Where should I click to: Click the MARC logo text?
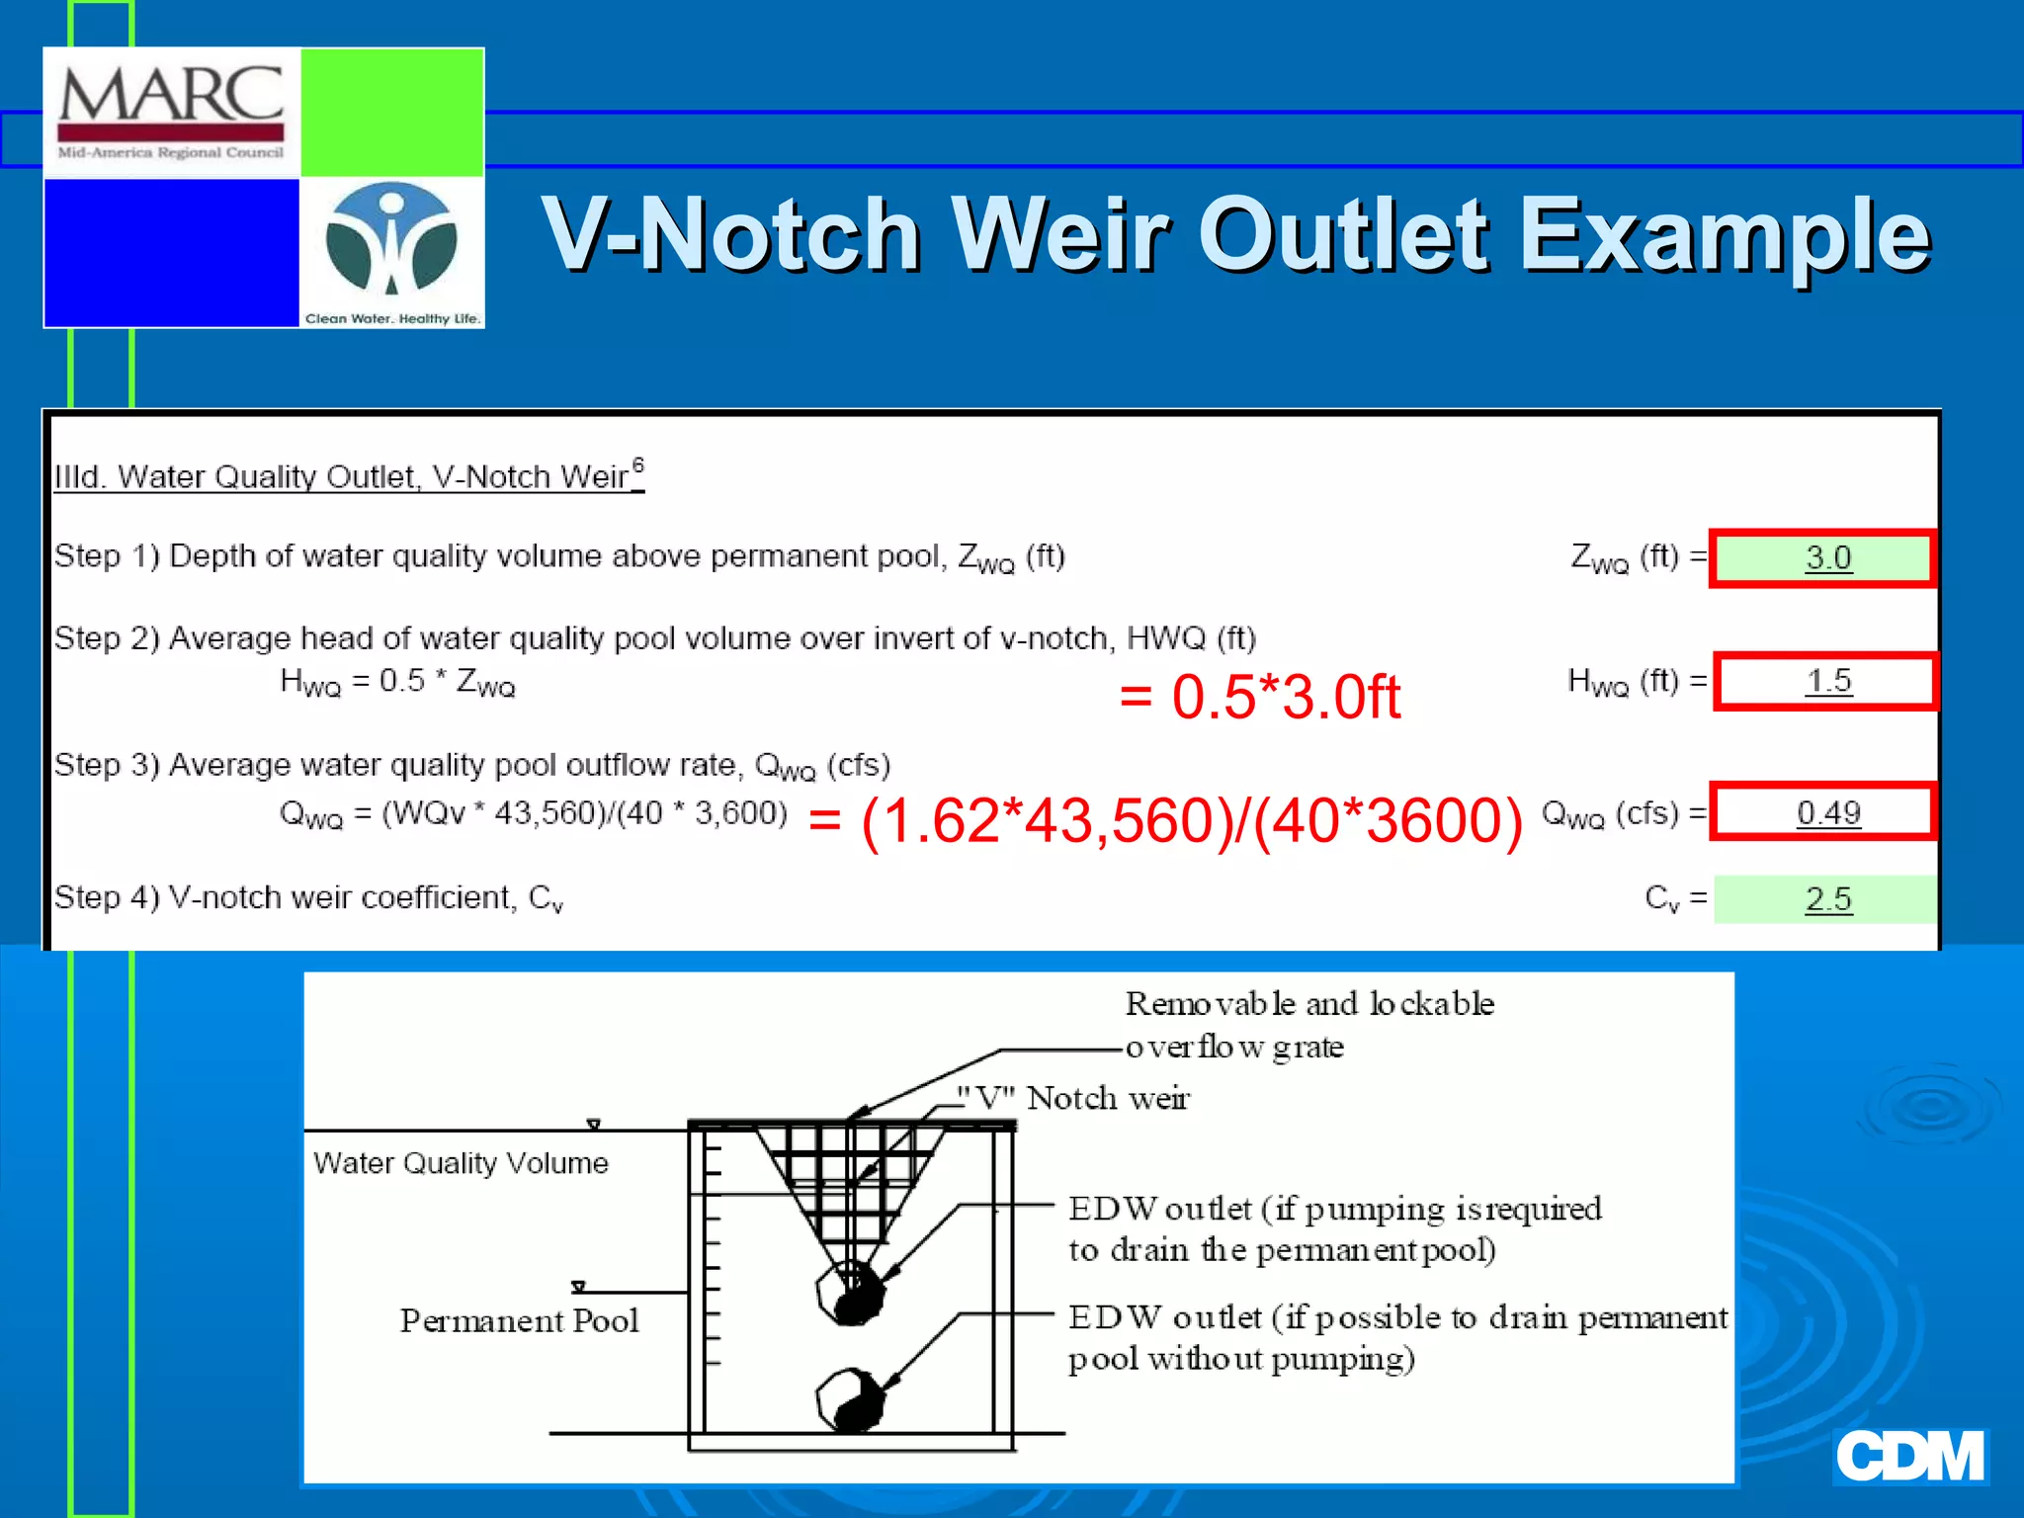click(x=171, y=96)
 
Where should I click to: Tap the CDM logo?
click(x=1909, y=1456)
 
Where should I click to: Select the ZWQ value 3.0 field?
click(x=1824, y=558)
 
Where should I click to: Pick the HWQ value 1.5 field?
click(x=1826, y=681)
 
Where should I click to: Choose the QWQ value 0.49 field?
click(x=1824, y=812)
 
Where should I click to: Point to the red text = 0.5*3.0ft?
click(x=1259, y=697)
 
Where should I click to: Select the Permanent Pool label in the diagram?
click(x=519, y=1321)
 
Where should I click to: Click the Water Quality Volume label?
click(x=461, y=1163)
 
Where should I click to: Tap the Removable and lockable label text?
click(x=1308, y=1004)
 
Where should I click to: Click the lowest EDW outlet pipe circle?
click(x=850, y=1398)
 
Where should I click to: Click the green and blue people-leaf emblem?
click(x=391, y=240)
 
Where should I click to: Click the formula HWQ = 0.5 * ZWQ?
click(x=397, y=682)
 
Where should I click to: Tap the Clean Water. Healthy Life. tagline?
click(x=392, y=318)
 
